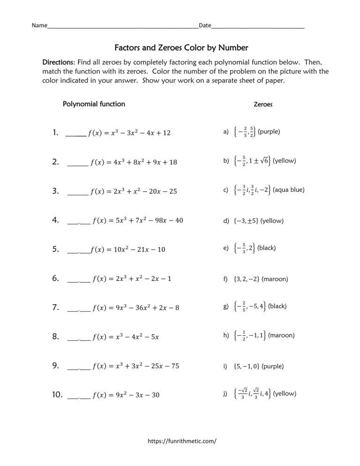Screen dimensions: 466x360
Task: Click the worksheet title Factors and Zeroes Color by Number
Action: [181, 47]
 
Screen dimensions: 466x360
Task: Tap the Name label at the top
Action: [39, 26]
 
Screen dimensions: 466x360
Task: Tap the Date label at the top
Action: [205, 26]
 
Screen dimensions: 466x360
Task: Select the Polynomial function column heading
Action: [94, 104]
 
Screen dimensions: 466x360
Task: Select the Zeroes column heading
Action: [263, 105]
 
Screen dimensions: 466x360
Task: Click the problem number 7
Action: [55, 308]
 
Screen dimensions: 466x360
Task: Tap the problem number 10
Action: [57, 395]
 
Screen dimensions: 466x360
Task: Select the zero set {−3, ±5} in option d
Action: [245, 220]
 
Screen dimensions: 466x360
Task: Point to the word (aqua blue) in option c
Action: [288, 190]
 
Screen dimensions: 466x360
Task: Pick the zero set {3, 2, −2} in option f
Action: [246, 279]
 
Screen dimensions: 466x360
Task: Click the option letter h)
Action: [226, 335]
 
